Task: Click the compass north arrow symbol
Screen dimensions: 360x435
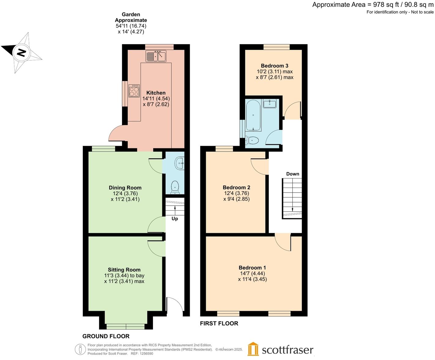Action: pos(21,53)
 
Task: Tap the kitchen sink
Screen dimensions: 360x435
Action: pos(156,56)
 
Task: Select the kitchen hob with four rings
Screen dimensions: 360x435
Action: pos(134,91)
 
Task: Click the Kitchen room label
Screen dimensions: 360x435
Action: pos(156,93)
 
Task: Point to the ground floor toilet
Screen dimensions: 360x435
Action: pos(175,187)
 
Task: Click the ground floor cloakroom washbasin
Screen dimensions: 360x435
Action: pos(180,163)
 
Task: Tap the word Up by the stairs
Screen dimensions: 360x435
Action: pos(175,219)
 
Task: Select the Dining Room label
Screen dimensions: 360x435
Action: pos(125,188)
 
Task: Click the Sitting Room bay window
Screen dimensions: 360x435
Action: pos(125,326)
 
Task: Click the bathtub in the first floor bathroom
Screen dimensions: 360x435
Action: pos(253,116)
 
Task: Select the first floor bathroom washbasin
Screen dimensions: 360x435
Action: pos(270,104)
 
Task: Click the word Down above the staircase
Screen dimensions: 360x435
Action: pos(292,174)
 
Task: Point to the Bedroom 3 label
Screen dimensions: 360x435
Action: pos(274,66)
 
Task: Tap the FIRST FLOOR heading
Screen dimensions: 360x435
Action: pos(219,323)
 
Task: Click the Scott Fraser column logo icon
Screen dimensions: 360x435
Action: pos(253,349)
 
